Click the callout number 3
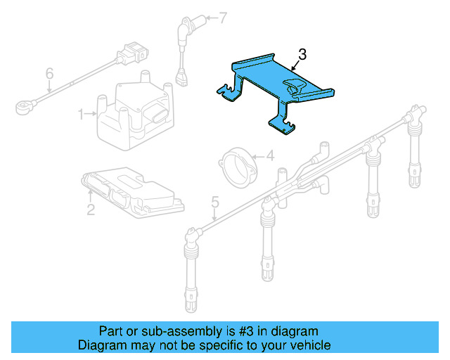tap(302, 53)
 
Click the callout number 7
tap(223, 18)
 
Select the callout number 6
tap(49, 73)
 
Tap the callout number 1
tap(81, 112)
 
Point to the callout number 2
tap(91, 208)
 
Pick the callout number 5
tap(214, 202)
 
